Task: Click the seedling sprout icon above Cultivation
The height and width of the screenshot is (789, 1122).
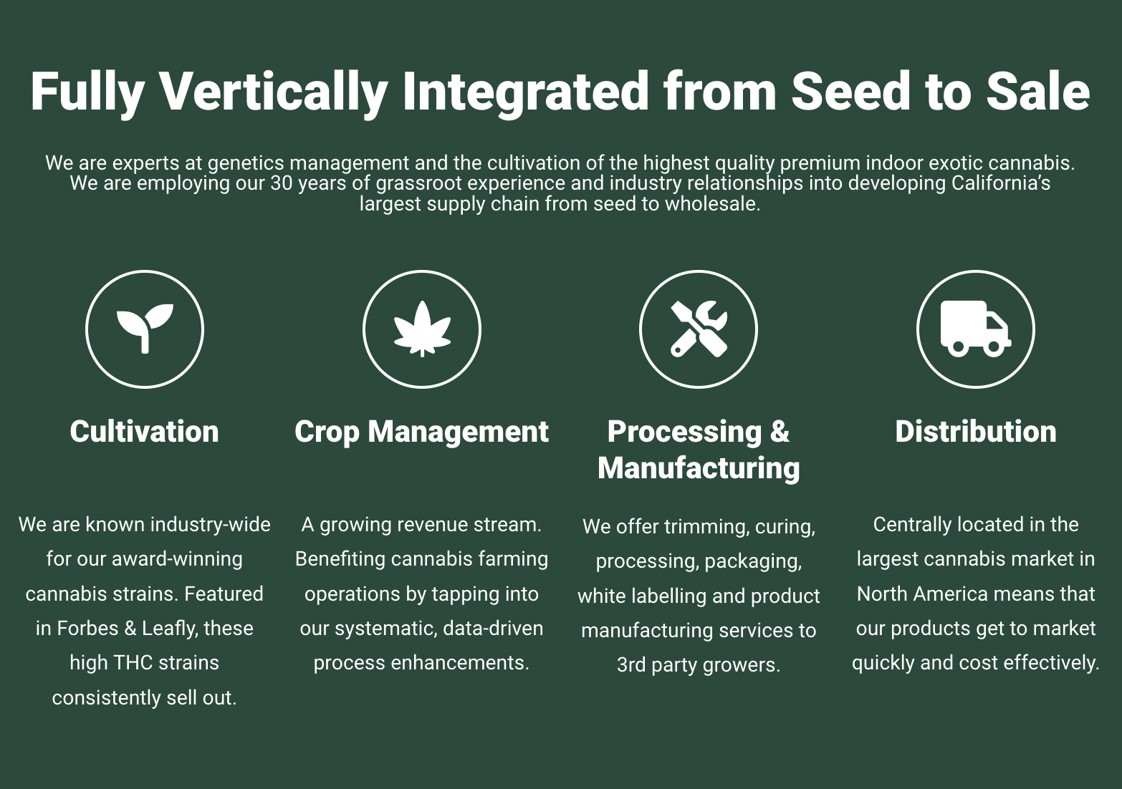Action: [x=145, y=329]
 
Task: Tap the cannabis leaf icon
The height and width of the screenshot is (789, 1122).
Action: [x=422, y=329]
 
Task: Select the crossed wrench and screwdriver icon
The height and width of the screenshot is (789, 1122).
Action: [x=699, y=329]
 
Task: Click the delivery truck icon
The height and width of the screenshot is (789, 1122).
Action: [x=976, y=329]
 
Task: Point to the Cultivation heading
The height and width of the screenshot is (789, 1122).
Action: [x=144, y=432]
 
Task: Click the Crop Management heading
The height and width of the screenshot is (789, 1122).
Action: [x=422, y=432]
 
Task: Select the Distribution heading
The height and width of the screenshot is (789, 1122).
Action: [x=976, y=432]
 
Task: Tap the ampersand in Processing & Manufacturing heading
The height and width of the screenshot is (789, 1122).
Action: [x=780, y=432]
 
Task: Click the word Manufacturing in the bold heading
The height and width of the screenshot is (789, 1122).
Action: [x=699, y=469]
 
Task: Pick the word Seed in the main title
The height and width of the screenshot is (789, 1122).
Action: [x=850, y=91]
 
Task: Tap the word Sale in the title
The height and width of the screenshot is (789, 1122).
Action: [x=1038, y=91]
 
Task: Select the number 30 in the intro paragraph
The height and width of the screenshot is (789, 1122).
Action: [x=282, y=183]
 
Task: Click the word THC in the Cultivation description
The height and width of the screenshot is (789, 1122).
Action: [x=133, y=663]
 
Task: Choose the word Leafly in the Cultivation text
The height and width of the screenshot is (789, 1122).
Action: [x=170, y=629]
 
